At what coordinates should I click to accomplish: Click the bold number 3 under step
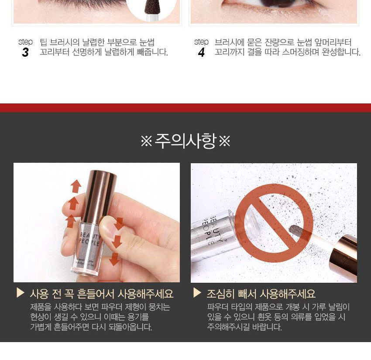point(25,52)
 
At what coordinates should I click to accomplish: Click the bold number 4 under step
point(201,52)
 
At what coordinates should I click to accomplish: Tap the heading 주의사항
point(185,141)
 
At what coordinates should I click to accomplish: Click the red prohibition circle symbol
point(274,223)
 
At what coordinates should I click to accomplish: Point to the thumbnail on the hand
point(107,227)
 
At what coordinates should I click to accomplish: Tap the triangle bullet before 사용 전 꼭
point(21,293)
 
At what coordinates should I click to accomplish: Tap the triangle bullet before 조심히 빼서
point(197,293)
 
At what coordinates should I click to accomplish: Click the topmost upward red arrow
point(76,186)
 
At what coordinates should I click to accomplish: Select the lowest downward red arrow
point(114,259)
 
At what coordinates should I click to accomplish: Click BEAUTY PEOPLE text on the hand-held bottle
point(90,238)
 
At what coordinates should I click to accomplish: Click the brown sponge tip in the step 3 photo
point(152,7)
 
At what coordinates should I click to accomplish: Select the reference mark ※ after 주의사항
point(224,141)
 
